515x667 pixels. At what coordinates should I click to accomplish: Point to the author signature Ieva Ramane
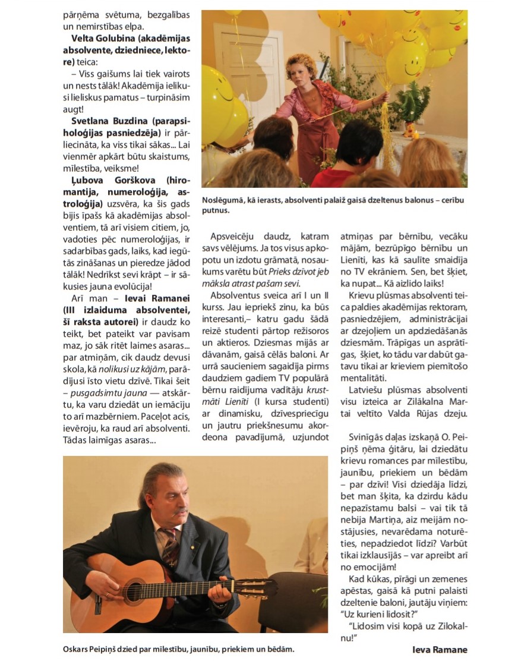click(440, 649)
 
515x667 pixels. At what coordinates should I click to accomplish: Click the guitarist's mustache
click(180, 511)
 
